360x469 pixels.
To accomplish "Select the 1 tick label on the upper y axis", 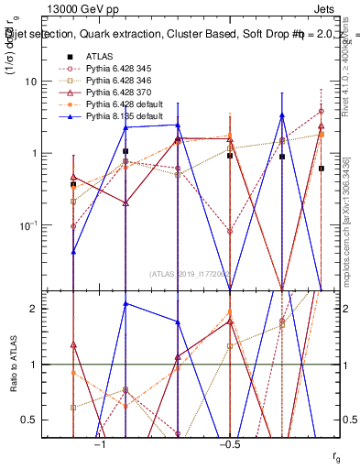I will tap(38, 153).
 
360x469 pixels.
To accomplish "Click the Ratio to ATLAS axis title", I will tap(13, 365).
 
